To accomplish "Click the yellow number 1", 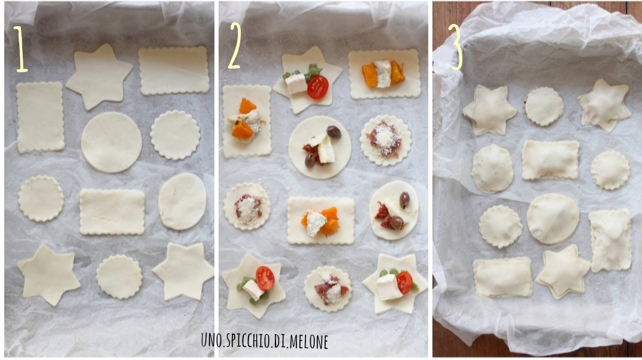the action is click(20, 49).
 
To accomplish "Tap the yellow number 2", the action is click(235, 45).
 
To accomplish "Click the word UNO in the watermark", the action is click(209, 341).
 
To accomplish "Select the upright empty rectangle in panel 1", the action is click(40, 117).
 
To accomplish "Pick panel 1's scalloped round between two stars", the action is click(120, 277).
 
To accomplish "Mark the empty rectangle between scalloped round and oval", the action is click(112, 211).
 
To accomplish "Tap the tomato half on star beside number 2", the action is click(318, 87).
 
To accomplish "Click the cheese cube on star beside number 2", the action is click(296, 83).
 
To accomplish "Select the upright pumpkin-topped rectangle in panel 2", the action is click(247, 121).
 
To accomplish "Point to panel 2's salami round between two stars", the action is click(328, 289).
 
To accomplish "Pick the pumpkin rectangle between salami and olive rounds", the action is click(320, 220).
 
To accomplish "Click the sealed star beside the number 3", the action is click(489, 110).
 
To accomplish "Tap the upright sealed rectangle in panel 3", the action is click(610, 240).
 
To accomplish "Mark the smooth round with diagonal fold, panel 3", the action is click(553, 219).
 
